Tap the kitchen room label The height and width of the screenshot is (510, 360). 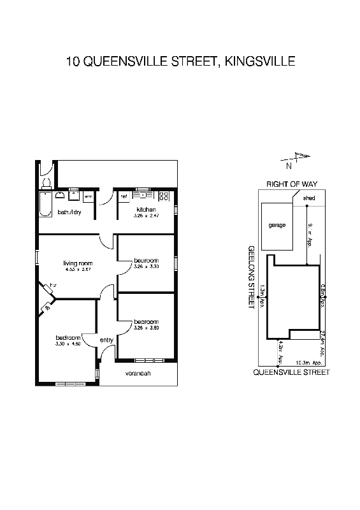click(147, 210)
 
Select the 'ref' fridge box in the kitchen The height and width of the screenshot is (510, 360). click(124, 196)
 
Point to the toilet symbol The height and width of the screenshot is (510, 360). click(46, 184)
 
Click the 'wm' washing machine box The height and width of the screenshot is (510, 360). click(89, 197)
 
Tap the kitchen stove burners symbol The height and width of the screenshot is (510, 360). click(164, 196)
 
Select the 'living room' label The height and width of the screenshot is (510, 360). click(78, 263)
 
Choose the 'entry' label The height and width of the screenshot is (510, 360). click(106, 340)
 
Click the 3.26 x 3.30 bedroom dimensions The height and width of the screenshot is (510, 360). click(145, 266)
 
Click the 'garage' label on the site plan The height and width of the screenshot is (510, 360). click(277, 225)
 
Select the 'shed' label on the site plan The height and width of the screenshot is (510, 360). click(308, 198)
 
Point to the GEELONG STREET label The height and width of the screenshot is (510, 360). click(252, 277)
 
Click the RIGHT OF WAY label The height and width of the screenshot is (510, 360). click(291, 184)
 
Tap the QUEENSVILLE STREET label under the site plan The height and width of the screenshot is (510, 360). click(291, 372)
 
